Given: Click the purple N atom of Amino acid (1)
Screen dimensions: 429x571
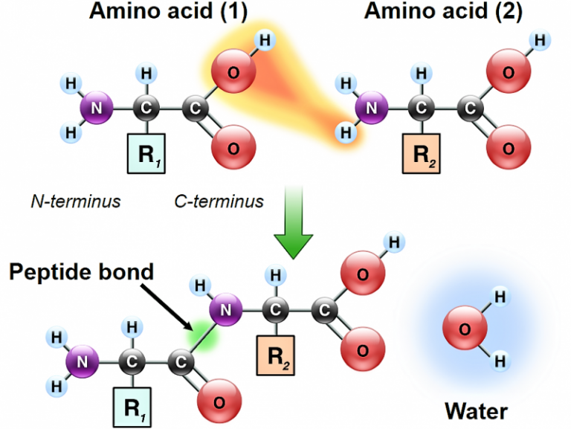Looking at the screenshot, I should tap(95, 109).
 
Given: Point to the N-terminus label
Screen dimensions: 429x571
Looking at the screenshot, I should tap(76, 201).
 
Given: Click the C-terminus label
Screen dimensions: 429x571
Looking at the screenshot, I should tap(219, 201).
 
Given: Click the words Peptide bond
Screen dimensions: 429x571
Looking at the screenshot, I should tap(82, 272).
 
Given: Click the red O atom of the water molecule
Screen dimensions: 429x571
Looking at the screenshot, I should tap(462, 328).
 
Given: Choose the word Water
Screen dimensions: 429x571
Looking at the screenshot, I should tap(477, 410).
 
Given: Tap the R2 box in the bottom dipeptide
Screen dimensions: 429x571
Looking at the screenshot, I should tap(276, 355).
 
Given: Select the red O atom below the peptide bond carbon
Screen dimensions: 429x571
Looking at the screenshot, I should tap(219, 401).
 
